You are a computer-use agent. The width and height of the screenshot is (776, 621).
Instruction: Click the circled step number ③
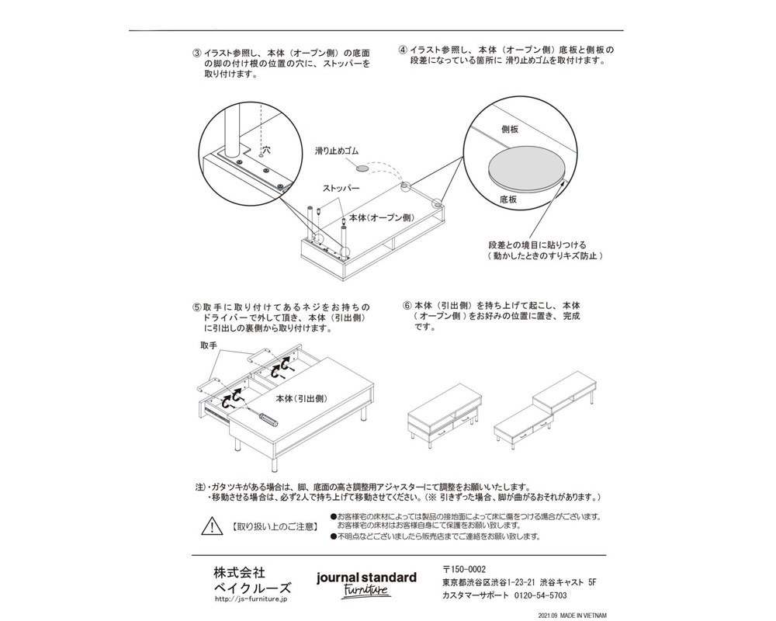[x=198, y=54]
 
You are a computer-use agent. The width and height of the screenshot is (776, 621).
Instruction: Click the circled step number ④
[x=403, y=50]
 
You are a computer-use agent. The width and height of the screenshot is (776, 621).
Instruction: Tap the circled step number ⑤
[x=197, y=307]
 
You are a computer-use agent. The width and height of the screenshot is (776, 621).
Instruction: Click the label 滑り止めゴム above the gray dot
[x=338, y=151]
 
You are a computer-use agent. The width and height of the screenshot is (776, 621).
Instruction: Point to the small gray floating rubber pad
[x=362, y=166]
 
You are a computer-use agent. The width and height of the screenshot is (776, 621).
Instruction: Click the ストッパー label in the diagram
[x=341, y=189]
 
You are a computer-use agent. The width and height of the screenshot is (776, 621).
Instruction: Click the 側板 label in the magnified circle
[x=510, y=131]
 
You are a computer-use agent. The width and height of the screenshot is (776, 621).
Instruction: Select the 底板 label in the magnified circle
[x=508, y=199]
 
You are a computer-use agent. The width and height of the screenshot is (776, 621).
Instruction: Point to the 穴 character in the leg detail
[x=265, y=147]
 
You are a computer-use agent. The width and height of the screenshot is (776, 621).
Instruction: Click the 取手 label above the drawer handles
[x=208, y=344]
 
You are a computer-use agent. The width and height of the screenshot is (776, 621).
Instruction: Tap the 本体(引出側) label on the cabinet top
[x=303, y=398]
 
